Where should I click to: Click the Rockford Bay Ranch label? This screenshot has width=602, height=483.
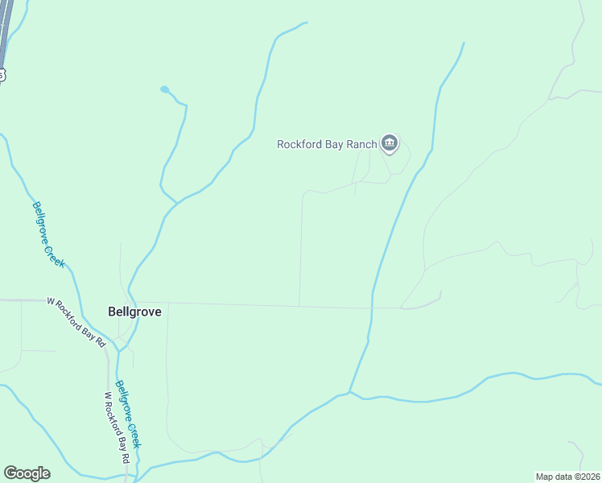[x=327, y=145]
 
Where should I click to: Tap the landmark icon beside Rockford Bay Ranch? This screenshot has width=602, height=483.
[x=390, y=144]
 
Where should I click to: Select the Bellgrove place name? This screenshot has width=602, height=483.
[x=134, y=312]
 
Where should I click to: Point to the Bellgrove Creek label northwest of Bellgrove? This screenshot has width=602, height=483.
[x=49, y=234]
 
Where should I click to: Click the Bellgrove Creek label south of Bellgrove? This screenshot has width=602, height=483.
[x=129, y=415]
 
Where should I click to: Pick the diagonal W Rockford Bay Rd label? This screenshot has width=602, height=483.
[x=76, y=321]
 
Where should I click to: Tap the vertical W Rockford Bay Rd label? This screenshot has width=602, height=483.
[x=117, y=427]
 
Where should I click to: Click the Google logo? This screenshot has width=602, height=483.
[x=27, y=473]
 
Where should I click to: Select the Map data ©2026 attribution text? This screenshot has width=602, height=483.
[x=568, y=477]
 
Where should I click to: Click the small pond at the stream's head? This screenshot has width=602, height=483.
[x=165, y=89]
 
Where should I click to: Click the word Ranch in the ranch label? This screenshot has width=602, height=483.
[x=363, y=145]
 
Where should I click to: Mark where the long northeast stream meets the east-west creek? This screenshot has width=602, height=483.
[x=350, y=393]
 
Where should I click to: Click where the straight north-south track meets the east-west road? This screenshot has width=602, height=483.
[x=299, y=306]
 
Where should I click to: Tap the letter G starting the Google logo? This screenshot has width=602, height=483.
[x=10, y=473]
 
